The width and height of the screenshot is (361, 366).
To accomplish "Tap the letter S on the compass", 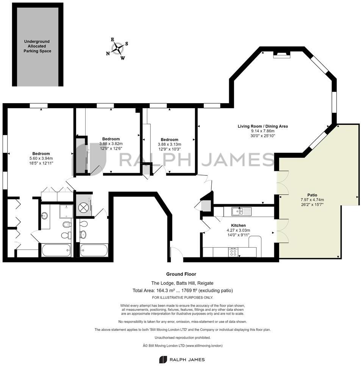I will pyautogui.click(x=127, y=43).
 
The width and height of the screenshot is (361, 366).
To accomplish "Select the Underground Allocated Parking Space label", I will pyautogui.click(x=37, y=46).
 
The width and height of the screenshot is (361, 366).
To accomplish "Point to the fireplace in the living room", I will pyautogui.click(x=282, y=54).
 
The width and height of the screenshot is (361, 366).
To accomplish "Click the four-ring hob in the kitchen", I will pyautogui.click(x=233, y=252).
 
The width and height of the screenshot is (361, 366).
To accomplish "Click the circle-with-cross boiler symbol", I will pyautogui.click(x=84, y=207).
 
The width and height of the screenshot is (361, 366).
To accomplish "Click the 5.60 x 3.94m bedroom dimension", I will pyautogui.click(x=41, y=158).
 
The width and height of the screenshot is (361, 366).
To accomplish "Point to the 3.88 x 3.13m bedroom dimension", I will pyautogui.click(x=169, y=144).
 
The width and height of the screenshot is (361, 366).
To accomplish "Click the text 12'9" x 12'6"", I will pyautogui.click(x=111, y=149).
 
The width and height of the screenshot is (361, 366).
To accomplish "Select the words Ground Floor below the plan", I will pyautogui.click(x=181, y=274).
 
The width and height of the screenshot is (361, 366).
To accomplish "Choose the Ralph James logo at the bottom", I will pyautogui.click(x=182, y=359).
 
